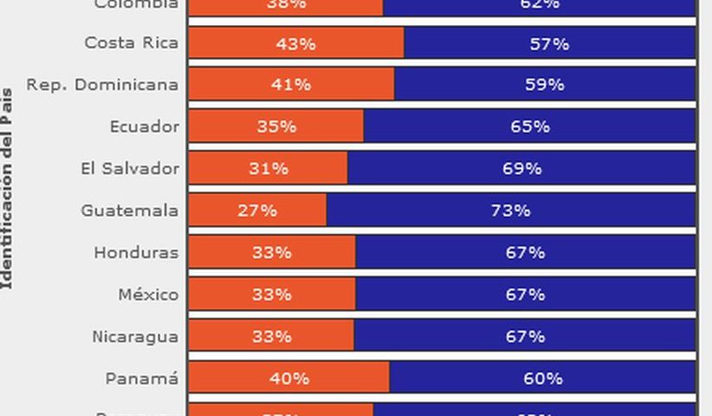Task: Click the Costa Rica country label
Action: tap(131, 42)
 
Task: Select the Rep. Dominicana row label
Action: tap(102, 85)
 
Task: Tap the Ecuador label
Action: tap(144, 127)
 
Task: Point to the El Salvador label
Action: tap(129, 168)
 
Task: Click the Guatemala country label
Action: tap(129, 211)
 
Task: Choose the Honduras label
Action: tap(136, 253)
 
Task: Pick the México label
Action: tap(148, 295)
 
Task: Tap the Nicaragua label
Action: tap(135, 337)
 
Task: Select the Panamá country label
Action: tap(142, 379)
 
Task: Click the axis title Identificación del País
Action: tap(7, 187)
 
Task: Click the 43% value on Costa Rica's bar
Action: tap(295, 42)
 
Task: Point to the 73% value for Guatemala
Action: tap(510, 211)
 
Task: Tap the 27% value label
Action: tap(257, 211)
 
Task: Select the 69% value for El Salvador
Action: tap(521, 168)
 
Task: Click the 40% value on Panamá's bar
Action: tap(289, 379)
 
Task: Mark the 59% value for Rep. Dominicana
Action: tap(545, 85)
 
